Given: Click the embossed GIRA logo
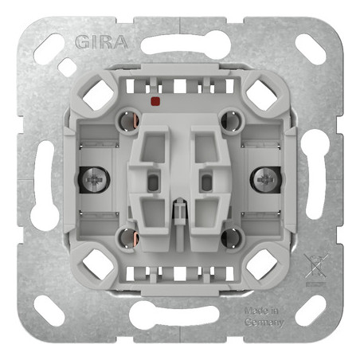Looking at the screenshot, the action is tap(101, 42).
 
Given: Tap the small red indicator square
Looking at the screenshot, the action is tap(155, 101).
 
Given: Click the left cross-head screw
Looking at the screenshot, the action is tap(92, 180).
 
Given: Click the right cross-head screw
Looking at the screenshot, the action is tap(265, 180).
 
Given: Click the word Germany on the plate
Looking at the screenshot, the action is tap(264, 323).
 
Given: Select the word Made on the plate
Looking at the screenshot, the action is tap(254, 311).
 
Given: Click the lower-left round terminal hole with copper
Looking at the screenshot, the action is tap(128, 238).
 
